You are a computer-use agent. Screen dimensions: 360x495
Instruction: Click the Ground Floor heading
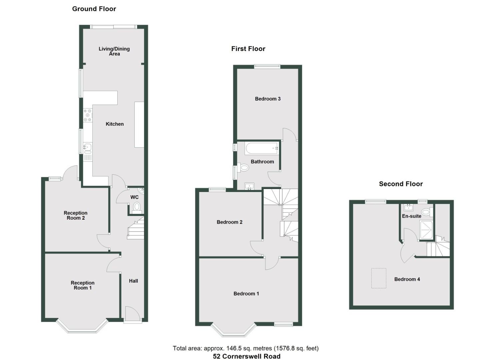[94, 9]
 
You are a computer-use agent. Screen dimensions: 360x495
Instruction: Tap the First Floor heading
[248, 49]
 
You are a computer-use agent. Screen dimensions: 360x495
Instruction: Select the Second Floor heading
[401, 184]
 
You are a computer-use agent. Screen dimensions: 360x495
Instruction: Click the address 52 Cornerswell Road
[247, 356]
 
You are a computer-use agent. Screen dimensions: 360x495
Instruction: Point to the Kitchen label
[115, 124]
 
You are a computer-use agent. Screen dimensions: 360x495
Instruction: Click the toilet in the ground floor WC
[137, 208]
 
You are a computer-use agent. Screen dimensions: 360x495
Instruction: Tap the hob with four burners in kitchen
[88, 115]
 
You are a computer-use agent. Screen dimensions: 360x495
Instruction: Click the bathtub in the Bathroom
[262, 148]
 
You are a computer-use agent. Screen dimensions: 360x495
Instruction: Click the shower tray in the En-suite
[426, 230]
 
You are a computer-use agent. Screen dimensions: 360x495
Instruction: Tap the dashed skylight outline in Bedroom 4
[379, 278]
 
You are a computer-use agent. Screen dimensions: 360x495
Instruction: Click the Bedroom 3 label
[268, 99]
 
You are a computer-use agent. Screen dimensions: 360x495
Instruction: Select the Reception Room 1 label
[82, 285]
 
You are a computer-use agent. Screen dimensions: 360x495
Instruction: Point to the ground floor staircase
[136, 229]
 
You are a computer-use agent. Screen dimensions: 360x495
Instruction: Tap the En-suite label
[411, 216]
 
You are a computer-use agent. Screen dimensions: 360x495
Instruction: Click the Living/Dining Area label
[114, 51]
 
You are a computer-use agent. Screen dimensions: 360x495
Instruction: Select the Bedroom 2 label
[229, 222]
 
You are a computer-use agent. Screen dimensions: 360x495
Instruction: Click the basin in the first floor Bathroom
[249, 186]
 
